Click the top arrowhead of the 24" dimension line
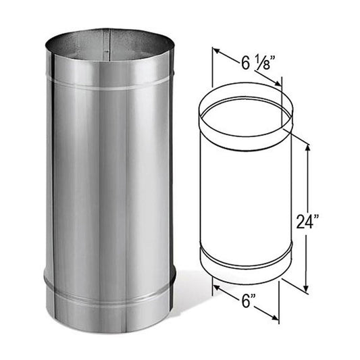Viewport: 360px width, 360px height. point(308,148)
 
